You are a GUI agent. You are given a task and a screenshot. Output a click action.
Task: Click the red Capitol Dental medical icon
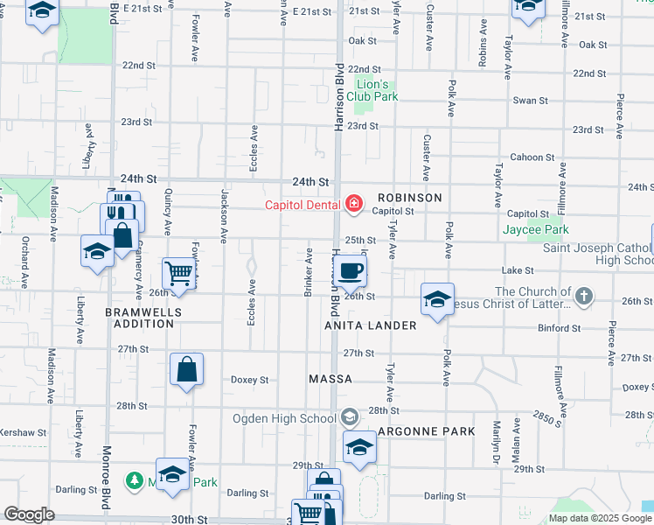click(x=353, y=205)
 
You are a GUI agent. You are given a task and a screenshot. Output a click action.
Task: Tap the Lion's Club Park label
click(x=376, y=90)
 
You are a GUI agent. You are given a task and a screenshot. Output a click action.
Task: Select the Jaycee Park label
click(x=535, y=230)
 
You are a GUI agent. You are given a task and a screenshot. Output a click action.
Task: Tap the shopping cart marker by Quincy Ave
click(x=179, y=273)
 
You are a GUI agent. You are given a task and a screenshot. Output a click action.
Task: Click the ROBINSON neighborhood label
click(x=409, y=198)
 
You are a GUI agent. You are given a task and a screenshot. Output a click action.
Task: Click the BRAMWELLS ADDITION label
click(x=140, y=318)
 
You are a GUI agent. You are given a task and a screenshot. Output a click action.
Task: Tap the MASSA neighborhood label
click(x=330, y=379)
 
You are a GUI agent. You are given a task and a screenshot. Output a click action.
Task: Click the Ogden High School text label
click(x=284, y=417)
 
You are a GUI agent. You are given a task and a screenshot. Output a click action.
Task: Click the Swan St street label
click(x=530, y=101)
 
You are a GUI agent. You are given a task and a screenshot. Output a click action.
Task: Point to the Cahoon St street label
click(x=528, y=157)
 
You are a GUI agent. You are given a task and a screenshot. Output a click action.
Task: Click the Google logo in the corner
click(x=29, y=514)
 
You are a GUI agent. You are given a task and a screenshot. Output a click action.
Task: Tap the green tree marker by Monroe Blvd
click(x=135, y=481)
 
